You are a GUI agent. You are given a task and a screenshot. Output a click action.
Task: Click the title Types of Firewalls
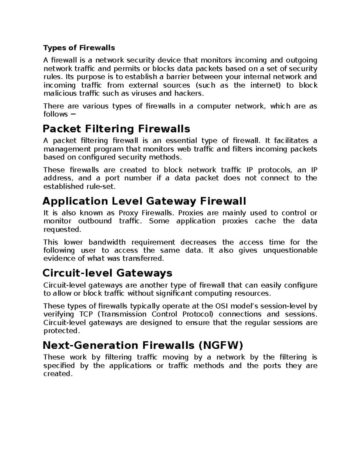[x=79, y=48]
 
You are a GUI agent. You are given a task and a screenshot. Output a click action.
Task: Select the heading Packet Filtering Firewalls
[x=116, y=129]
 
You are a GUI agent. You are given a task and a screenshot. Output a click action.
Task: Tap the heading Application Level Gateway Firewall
[x=144, y=201]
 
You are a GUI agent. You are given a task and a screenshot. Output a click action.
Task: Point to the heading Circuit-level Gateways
[x=107, y=273]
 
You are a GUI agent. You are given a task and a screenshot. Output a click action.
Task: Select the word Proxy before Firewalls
[x=128, y=213]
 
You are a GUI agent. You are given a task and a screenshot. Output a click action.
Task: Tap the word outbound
[x=95, y=221]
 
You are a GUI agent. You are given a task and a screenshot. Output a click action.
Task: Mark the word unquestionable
[x=290, y=250]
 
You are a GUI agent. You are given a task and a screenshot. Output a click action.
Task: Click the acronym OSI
[x=221, y=306]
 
